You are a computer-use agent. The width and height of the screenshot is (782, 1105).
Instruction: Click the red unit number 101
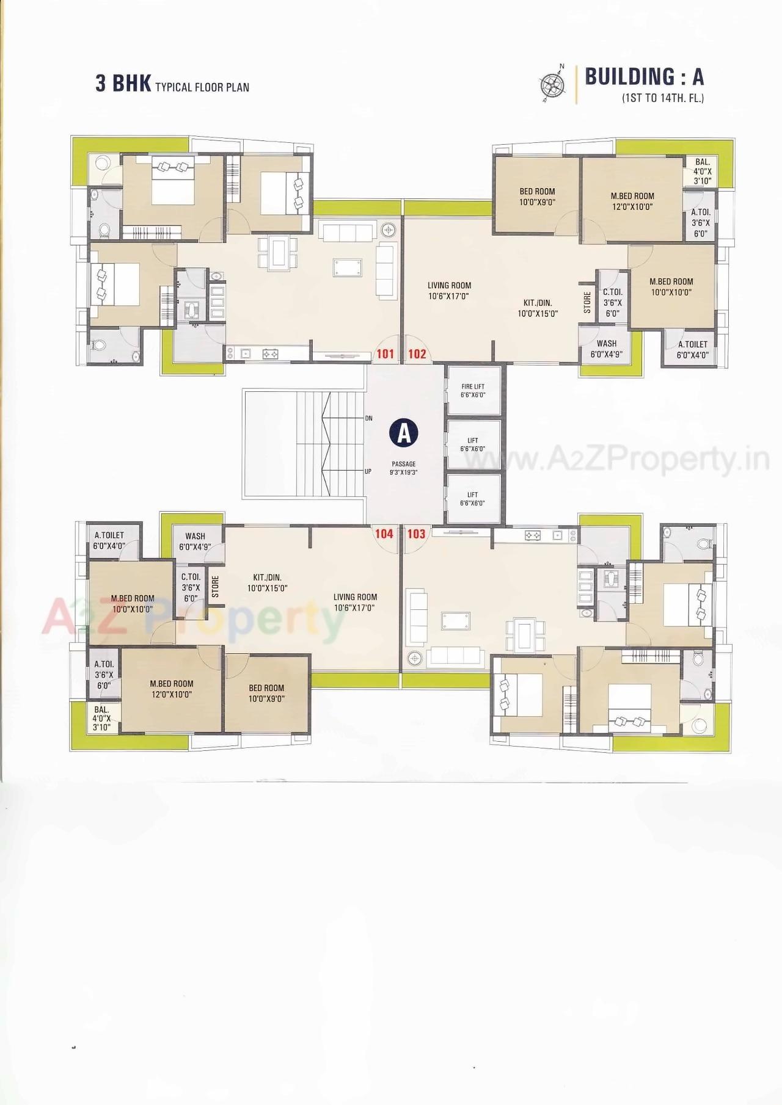click(x=385, y=353)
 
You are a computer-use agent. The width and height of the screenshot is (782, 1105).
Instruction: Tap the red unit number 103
click(x=416, y=534)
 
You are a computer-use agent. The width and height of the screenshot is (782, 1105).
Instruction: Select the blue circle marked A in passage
click(x=403, y=433)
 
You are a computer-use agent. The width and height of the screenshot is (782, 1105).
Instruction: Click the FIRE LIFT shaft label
click(x=473, y=391)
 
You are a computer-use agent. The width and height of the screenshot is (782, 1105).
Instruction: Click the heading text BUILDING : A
click(x=645, y=76)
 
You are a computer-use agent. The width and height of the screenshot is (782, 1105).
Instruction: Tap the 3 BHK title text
click(x=123, y=84)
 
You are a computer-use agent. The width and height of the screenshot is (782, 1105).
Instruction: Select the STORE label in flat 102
click(x=587, y=303)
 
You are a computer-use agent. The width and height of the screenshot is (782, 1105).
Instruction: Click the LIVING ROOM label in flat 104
click(x=355, y=602)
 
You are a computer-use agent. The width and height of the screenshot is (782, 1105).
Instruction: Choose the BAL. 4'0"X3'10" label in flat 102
click(x=703, y=172)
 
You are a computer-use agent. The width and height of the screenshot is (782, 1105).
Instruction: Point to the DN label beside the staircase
click(x=368, y=418)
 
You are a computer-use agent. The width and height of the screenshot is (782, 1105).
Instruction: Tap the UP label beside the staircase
click(x=368, y=471)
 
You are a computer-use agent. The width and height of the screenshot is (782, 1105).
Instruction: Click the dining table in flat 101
click(x=278, y=252)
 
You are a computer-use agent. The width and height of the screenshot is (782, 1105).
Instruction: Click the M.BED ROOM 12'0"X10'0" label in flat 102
click(x=632, y=201)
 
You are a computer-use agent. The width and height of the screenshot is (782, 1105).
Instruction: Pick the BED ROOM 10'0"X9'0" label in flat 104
click(x=266, y=693)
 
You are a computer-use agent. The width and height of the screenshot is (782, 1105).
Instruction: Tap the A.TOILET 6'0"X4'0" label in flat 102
click(x=692, y=349)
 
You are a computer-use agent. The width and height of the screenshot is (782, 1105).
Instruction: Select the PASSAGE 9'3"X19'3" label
click(x=403, y=468)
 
